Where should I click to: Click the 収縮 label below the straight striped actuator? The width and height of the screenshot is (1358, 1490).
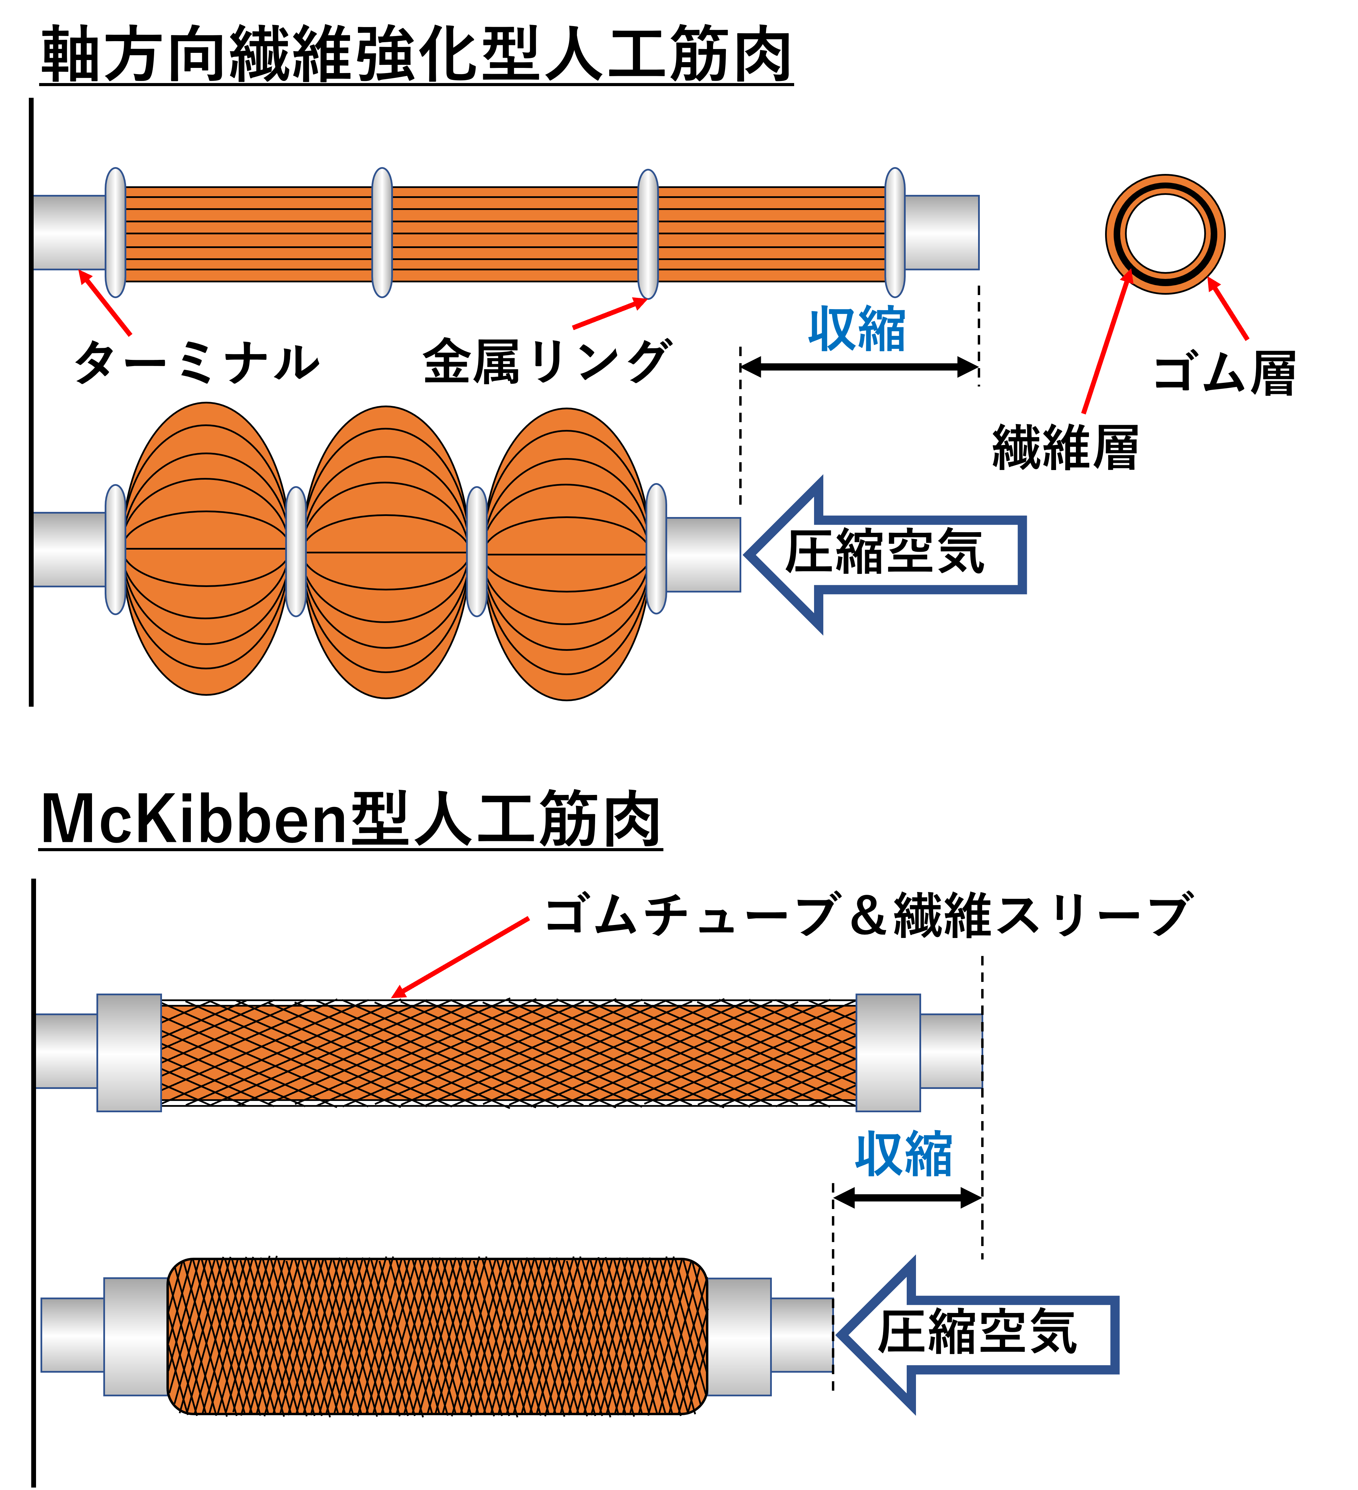(x=857, y=329)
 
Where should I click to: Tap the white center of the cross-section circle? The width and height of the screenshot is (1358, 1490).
(x=1165, y=234)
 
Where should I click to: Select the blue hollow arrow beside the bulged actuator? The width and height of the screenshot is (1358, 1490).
(x=887, y=554)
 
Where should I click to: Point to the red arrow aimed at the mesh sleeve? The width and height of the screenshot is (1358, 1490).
(x=460, y=958)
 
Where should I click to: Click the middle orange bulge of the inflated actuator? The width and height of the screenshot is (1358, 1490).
(x=386, y=552)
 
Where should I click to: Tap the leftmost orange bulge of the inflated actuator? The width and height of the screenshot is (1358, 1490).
(x=206, y=548)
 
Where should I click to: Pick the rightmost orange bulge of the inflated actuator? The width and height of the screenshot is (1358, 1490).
(x=566, y=554)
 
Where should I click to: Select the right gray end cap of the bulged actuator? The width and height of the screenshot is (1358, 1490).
(x=703, y=554)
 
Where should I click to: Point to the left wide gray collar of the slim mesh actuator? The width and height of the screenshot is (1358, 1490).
(x=129, y=1053)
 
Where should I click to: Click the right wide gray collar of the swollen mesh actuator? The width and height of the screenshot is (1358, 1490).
(x=739, y=1336)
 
